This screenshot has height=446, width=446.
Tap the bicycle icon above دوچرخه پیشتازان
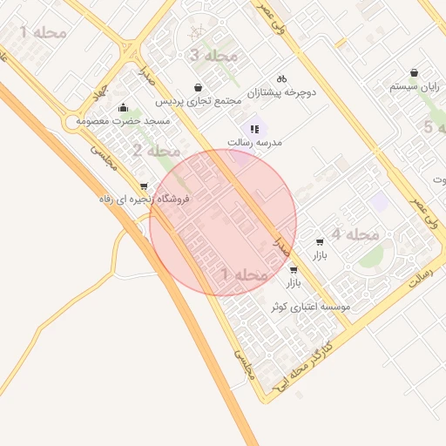[x=281, y=78]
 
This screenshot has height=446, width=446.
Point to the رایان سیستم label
[x=413, y=87]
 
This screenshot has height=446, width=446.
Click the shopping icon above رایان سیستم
[x=413, y=73]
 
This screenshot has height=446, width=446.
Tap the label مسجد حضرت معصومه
[x=124, y=121]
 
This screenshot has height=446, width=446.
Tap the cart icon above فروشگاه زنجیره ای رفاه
[x=144, y=186]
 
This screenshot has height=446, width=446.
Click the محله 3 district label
[x=213, y=56]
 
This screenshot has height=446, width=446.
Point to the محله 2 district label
[x=150, y=150]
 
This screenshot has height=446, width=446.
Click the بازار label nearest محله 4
[x=320, y=255]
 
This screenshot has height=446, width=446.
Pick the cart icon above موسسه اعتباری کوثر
[x=293, y=270]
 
